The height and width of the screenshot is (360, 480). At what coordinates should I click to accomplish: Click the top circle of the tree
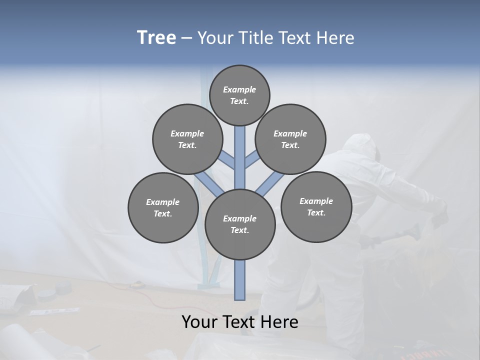coord(239,95)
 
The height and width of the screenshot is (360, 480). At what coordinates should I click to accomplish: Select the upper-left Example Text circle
coord(187,139)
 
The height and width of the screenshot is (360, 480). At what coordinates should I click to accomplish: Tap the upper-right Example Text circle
coord(290,139)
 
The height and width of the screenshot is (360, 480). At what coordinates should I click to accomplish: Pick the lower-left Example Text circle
coord(163,208)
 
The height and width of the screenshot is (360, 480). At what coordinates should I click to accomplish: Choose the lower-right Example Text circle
coord(316,206)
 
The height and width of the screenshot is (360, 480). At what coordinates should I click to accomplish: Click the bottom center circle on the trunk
coord(240,224)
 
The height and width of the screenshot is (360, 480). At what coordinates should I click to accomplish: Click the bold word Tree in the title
coord(156,38)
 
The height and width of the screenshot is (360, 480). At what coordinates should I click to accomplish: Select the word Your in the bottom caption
coord(200,322)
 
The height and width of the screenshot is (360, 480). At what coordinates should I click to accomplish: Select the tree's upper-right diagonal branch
coord(251,160)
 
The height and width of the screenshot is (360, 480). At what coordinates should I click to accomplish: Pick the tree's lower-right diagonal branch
coord(270,184)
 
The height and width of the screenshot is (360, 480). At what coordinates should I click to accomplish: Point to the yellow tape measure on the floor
coord(135,285)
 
